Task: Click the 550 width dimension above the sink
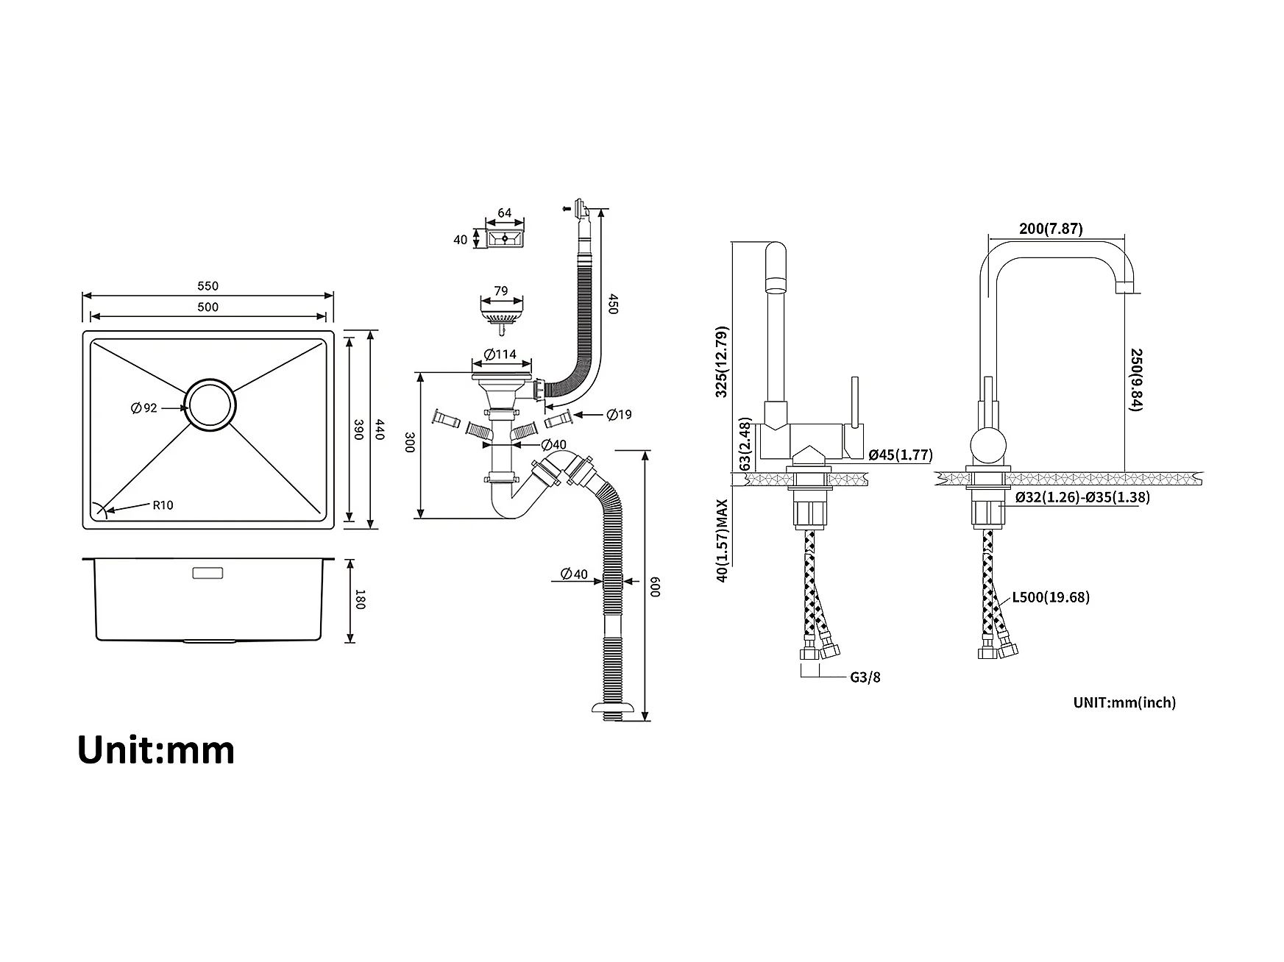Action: point(208,286)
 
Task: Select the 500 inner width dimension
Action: point(208,307)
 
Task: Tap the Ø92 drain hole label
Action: point(144,408)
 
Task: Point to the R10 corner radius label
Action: point(163,505)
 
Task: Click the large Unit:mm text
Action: point(156,750)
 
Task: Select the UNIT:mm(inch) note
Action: point(1124,702)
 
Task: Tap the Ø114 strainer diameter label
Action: point(500,354)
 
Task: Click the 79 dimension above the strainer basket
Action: point(501,291)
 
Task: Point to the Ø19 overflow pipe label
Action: point(620,415)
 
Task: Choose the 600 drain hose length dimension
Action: point(655,586)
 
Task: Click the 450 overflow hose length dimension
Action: point(612,304)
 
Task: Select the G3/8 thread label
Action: point(865,677)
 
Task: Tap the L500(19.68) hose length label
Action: point(1051,597)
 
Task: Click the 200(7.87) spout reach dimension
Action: point(1051,229)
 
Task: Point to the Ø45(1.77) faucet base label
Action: point(901,455)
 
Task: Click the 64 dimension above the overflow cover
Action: point(505,213)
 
